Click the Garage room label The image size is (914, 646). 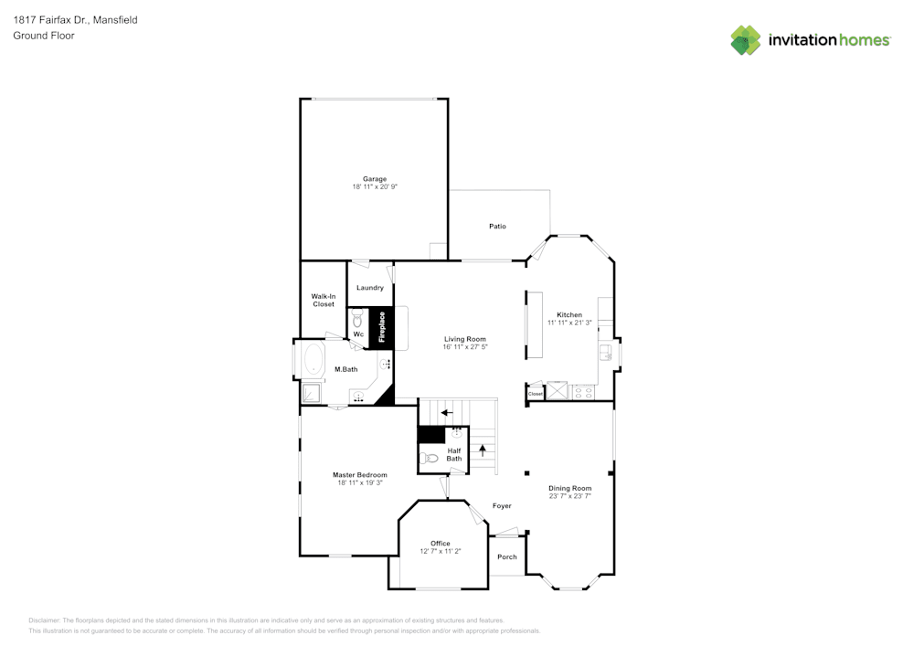(375, 179)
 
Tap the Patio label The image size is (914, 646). (497, 227)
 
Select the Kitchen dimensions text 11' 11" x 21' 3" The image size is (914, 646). (569, 323)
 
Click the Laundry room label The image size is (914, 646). (370, 288)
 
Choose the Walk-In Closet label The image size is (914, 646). (324, 300)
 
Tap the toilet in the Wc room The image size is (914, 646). (357, 319)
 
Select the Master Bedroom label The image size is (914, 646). (359, 475)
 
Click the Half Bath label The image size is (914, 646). (454, 454)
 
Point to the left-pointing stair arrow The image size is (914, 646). (447, 412)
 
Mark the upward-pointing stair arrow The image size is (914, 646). (483, 450)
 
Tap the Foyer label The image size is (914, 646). (502, 505)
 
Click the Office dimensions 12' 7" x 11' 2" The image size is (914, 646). (441, 551)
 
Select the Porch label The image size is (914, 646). (507, 556)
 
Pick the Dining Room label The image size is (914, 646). (569, 488)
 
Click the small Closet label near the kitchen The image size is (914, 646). (536, 394)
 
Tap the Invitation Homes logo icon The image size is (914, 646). (746, 40)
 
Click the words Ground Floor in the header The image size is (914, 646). (44, 36)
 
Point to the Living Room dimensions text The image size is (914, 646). (465, 346)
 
